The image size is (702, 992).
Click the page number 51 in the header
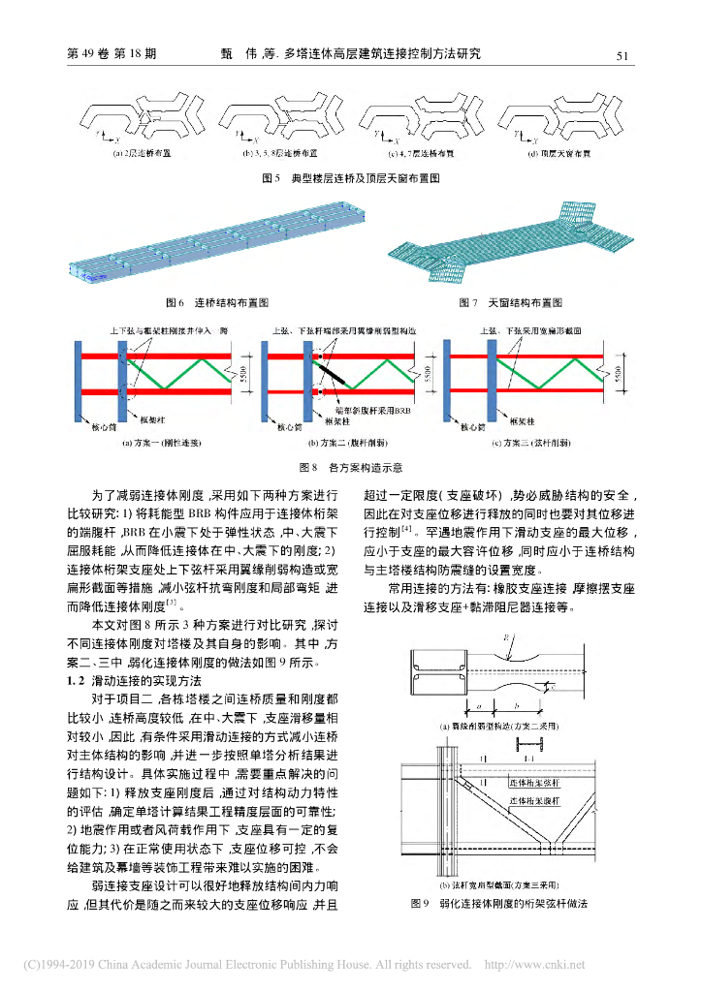click(x=623, y=55)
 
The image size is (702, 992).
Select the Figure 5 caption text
click(x=351, y=178)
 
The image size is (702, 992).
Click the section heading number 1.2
click(x=77, y=681)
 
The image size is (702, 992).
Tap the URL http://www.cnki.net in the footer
click(x=534, y=965)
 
